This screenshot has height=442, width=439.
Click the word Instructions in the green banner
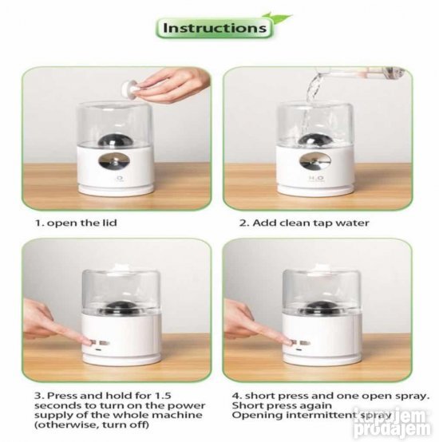(215, 28)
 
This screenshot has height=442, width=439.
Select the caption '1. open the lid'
(76, 223)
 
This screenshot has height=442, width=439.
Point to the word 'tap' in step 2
(332, 223)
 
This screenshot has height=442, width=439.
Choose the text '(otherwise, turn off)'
(92, 424)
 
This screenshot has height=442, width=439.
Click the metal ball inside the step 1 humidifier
(113, 140)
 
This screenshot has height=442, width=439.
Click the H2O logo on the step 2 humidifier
(316, 178)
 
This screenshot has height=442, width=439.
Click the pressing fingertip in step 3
(89, 342)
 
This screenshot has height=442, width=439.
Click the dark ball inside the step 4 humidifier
(318, 308)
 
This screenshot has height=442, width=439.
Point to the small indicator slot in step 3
(99, 350)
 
